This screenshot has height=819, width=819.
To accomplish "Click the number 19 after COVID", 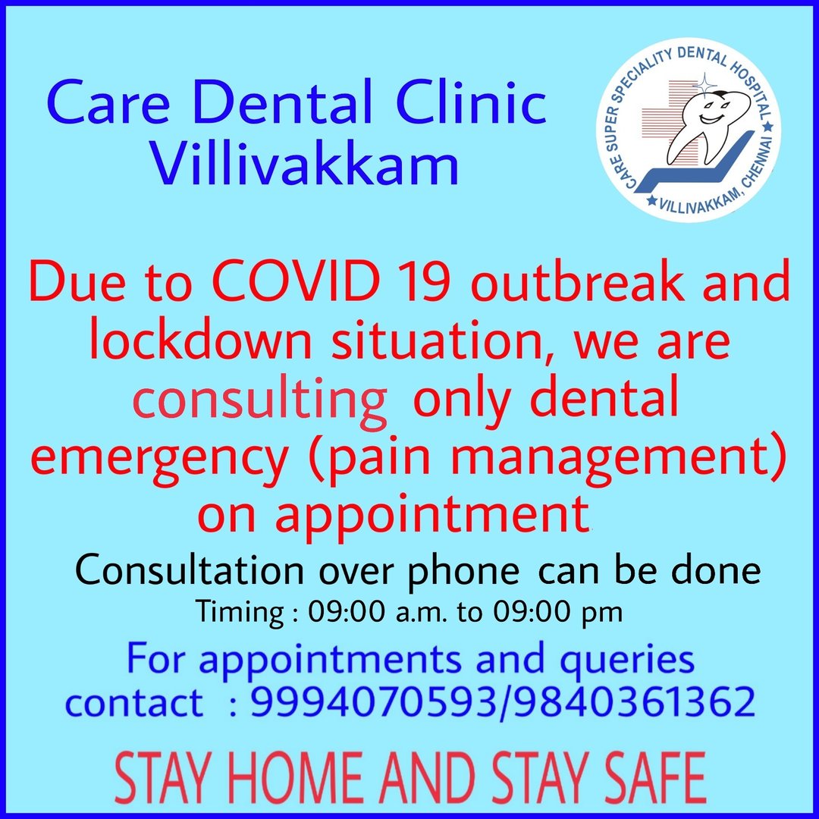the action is pos(423,281).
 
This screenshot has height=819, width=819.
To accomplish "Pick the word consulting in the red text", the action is pos(260,401).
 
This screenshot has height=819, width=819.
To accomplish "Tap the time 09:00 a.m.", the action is pos(377,612).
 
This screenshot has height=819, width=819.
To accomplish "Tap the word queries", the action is pos(627,661).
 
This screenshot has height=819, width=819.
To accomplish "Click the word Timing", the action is pos(240,613).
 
